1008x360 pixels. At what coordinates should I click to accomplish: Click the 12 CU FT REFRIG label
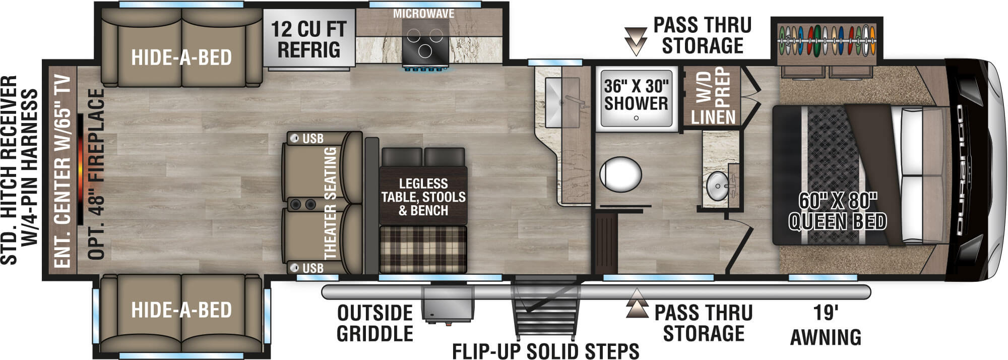click(x=308, y=39)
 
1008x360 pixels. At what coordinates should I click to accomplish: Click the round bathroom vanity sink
click(x=717, y=187)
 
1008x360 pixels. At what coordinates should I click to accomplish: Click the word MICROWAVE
click(x=423, y=14)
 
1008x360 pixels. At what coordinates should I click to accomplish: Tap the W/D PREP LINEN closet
click(x=712, y=96)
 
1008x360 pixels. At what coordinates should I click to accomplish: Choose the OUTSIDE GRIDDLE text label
click(x=374, y=323)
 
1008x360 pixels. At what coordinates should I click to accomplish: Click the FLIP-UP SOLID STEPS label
click(x=545, y=350)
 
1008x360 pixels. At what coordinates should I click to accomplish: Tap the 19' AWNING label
click(x=826, y=325)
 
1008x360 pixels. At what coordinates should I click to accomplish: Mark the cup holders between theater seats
click(x=302, y=204)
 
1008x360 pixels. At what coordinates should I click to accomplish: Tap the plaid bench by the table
click(x=423, y=250)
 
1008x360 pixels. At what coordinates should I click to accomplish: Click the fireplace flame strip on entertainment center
click(x=81, y=169)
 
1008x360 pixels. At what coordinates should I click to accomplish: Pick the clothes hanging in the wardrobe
click(x=827, y=40)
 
